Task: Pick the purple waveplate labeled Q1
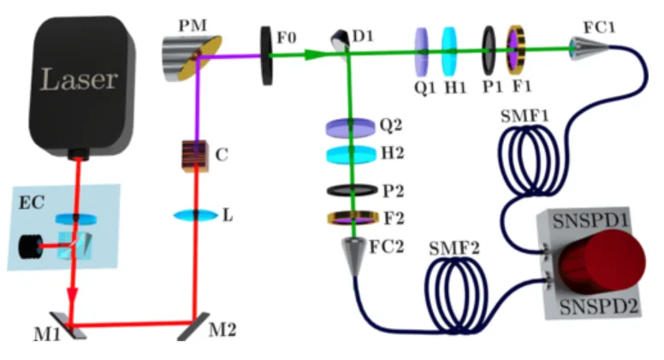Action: click(421, 50)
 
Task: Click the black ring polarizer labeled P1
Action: click(489, 50)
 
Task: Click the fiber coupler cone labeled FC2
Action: click(353, 254)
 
